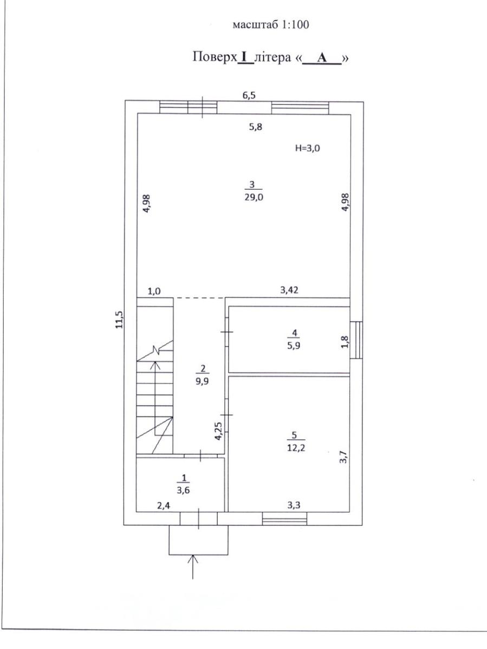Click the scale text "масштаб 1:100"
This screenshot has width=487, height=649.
(271, 24)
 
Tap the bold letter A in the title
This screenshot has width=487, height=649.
(322, 58)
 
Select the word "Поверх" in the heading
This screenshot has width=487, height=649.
(215, 57)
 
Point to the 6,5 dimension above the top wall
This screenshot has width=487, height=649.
(249, 96)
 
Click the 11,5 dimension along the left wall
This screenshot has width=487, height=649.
(119, 320)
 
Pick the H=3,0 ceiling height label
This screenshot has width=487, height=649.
(308, 148)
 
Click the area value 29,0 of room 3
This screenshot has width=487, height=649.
(254, 197)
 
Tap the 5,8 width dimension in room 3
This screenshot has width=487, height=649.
(256, 127)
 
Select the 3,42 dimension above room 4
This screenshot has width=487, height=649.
(289, 290)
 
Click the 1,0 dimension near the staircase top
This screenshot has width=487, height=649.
(154, 292)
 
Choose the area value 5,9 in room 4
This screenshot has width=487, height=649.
(294, 346)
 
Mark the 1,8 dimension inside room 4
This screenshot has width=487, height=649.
(345, 342)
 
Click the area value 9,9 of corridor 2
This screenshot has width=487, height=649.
(202, 381)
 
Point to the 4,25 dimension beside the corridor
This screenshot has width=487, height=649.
(218, 432)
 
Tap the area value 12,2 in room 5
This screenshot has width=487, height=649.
(296, 448)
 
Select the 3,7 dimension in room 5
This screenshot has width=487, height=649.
(343, 457)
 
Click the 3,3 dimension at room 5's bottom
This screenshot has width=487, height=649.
(294, 505)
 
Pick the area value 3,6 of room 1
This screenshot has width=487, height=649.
(183, 490)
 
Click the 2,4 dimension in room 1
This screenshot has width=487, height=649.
(164, 506)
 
